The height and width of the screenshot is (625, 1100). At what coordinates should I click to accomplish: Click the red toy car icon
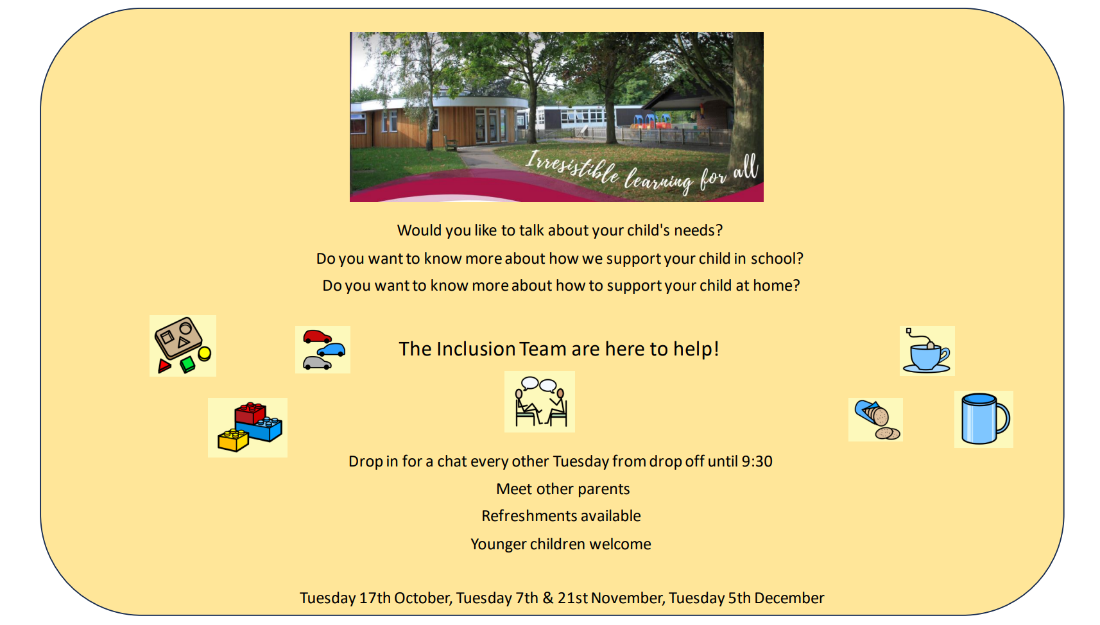click(x=317, y=337)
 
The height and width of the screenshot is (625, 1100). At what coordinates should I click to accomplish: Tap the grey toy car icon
click(x=317, y=363)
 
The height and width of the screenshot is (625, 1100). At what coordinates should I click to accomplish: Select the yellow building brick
click(x=233, y=440)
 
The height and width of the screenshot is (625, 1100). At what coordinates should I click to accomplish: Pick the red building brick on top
click(x=250, y=413)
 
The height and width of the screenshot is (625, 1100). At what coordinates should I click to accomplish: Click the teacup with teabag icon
click(x=926, y=352)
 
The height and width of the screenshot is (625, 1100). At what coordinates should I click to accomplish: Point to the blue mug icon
click(x=984, y=419)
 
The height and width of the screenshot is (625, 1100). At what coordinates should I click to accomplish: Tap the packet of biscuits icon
click(x=876, y=420)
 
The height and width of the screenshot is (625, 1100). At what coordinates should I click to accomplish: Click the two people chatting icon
click(x=540, y=401)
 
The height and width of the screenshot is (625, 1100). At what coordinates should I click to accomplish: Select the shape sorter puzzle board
click(x=179, y=338)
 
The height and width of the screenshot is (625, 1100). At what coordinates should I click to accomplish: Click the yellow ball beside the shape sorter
click(x=204, y=353)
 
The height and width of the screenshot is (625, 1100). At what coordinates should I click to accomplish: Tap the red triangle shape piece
click(x=164, y=365)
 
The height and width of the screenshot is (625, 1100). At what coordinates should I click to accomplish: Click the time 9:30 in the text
click(x=757, y=461)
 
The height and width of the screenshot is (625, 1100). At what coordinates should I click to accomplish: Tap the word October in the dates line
click(x=422, y=598)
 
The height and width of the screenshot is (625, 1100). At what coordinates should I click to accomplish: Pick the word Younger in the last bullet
click(x=498, y=545)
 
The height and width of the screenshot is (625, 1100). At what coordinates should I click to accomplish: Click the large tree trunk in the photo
click(x=747, y=108)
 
